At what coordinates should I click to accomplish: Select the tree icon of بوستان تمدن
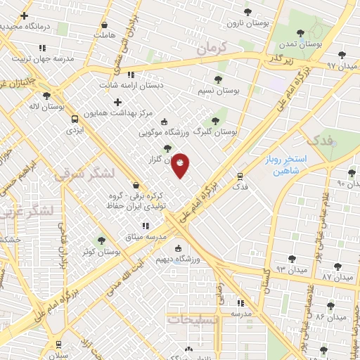301,32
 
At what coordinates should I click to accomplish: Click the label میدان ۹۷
342,65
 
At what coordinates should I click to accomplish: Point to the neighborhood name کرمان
214,49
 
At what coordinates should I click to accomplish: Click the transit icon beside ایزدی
75,119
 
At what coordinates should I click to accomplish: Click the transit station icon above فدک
240,176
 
